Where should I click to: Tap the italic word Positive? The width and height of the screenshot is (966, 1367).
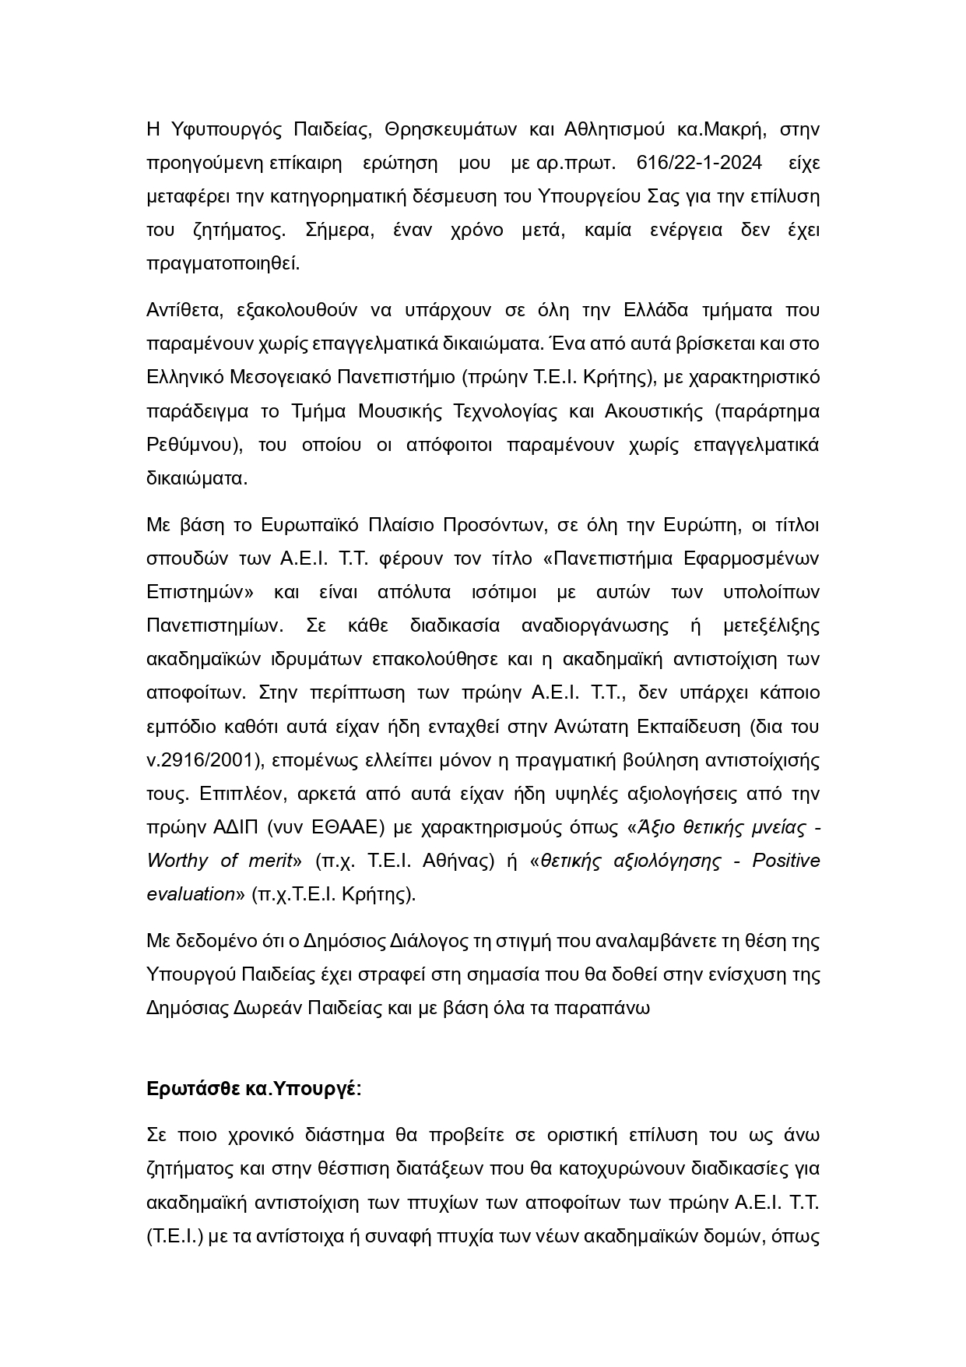click(x=785, y=861)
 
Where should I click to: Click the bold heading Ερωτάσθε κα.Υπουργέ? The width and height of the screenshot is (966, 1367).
click(x=254, y=1089)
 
